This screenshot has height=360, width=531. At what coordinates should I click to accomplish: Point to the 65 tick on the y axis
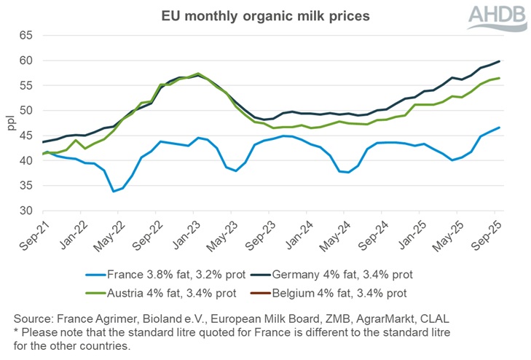pos(25,35)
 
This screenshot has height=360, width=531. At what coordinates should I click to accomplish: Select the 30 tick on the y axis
pos(25,211)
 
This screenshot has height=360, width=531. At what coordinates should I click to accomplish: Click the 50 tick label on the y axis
pos(25,111)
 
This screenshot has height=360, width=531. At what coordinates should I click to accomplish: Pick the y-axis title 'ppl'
pos(10,122)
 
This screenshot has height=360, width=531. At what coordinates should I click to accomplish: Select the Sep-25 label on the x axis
pos(485,232)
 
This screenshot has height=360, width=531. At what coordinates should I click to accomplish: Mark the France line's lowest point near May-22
pos(113,192)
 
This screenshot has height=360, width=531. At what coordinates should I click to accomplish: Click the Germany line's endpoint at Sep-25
pos(499,61)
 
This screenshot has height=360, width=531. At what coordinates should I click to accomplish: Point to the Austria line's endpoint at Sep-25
pos(499,78)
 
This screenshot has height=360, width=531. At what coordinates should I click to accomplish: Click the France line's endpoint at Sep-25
pos(499,128)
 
